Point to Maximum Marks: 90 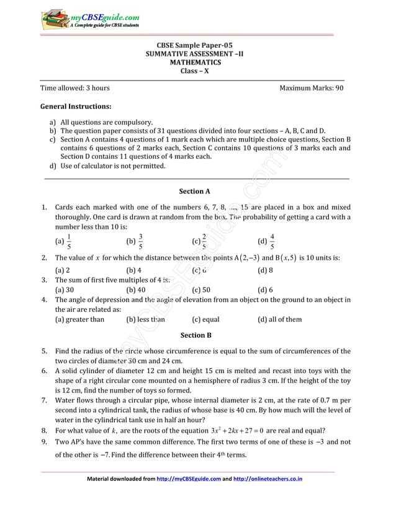coord(311,88)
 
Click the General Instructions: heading coord(75,107)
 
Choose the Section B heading coord(196,335)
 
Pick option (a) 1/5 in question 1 coord(63,241)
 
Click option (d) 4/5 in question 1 coord(266,241)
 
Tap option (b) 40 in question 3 coord(135,289)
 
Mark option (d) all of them coord(279,320)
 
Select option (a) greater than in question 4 coord(79,320)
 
